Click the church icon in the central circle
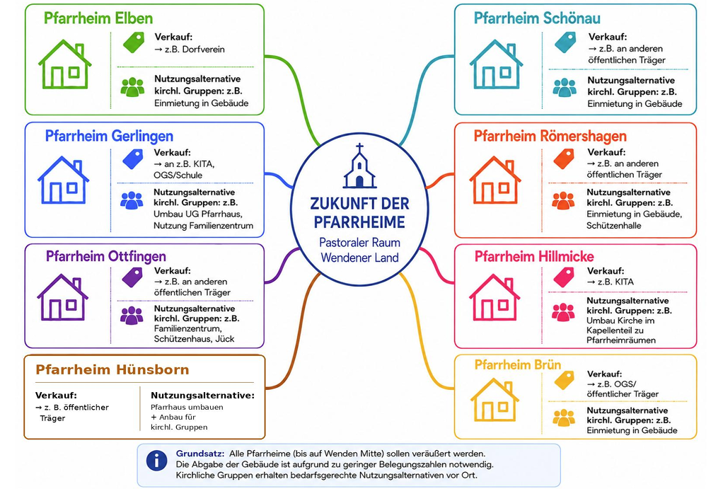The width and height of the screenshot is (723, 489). [x=359, y=166]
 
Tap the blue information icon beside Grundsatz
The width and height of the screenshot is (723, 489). [x=157, y=461]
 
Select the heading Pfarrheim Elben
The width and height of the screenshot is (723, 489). [x=98, y=18]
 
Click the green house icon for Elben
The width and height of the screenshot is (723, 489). [x=64, y=64]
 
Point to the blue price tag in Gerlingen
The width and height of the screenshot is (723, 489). [x=133, y=159]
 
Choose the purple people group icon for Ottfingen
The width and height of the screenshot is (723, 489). [x=132, y=316]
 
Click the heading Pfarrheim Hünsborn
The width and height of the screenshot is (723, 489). [x=112, y=370]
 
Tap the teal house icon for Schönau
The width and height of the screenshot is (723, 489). [x=496, y=64]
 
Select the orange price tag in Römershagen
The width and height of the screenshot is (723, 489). [x=564, y=159]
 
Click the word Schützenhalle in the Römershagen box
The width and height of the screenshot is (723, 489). [x=614, y=226]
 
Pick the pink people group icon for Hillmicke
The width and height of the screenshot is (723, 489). [x=563, y=312]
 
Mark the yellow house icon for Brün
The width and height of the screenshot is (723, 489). [x=494, y=400]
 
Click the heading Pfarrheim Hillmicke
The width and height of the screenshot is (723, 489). [x=534, y=256]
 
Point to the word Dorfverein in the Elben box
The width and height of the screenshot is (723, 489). [x=203, y=50]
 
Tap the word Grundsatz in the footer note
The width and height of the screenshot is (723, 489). [x=200, y=454]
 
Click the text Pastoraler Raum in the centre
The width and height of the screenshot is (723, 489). [x=359, y=243]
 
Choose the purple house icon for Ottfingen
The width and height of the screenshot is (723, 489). [x=63, y=297]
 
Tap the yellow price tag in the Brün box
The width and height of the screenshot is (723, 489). [x=565, y=380]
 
